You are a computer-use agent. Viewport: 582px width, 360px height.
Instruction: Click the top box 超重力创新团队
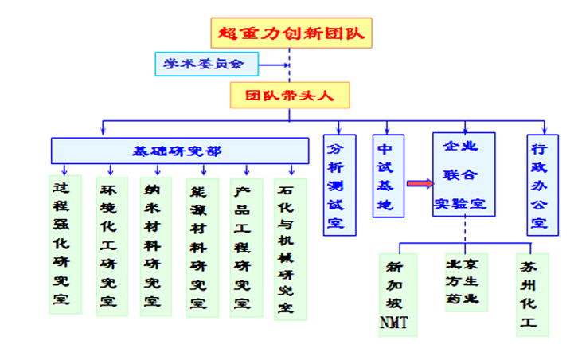291,33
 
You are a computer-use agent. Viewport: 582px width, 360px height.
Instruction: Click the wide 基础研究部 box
180,151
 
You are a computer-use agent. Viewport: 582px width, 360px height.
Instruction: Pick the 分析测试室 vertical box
339,184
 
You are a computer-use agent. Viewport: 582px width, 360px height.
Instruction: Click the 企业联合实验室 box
464,175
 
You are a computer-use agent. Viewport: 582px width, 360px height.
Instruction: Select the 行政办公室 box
542,184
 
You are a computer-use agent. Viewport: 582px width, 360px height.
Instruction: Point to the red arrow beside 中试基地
420,184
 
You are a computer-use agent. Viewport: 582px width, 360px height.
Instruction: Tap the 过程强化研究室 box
64,245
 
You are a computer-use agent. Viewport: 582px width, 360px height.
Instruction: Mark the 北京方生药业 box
467,282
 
